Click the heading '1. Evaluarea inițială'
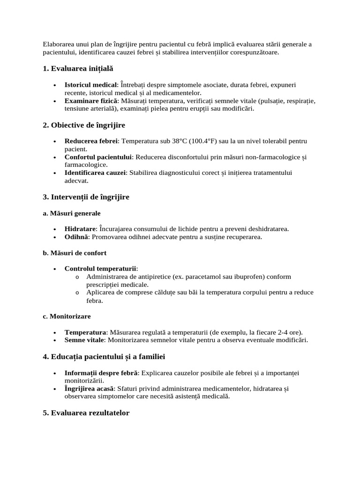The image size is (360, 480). coord(78,69)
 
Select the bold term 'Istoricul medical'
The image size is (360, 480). coord(90,85)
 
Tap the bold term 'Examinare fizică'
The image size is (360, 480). coord(91,101)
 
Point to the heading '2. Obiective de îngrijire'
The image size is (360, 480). coord(84,125)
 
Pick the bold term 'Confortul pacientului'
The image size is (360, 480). coord(98,157)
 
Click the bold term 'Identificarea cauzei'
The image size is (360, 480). coord(95,173)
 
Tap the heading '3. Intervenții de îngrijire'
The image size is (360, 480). coord(86,197)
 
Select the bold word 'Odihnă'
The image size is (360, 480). coord(76,237)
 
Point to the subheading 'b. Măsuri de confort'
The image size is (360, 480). coord(75,253)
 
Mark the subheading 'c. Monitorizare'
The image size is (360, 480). coord(67,316)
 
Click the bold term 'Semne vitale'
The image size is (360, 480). coord(84,340)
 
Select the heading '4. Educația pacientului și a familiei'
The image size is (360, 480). coord(104,357)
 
